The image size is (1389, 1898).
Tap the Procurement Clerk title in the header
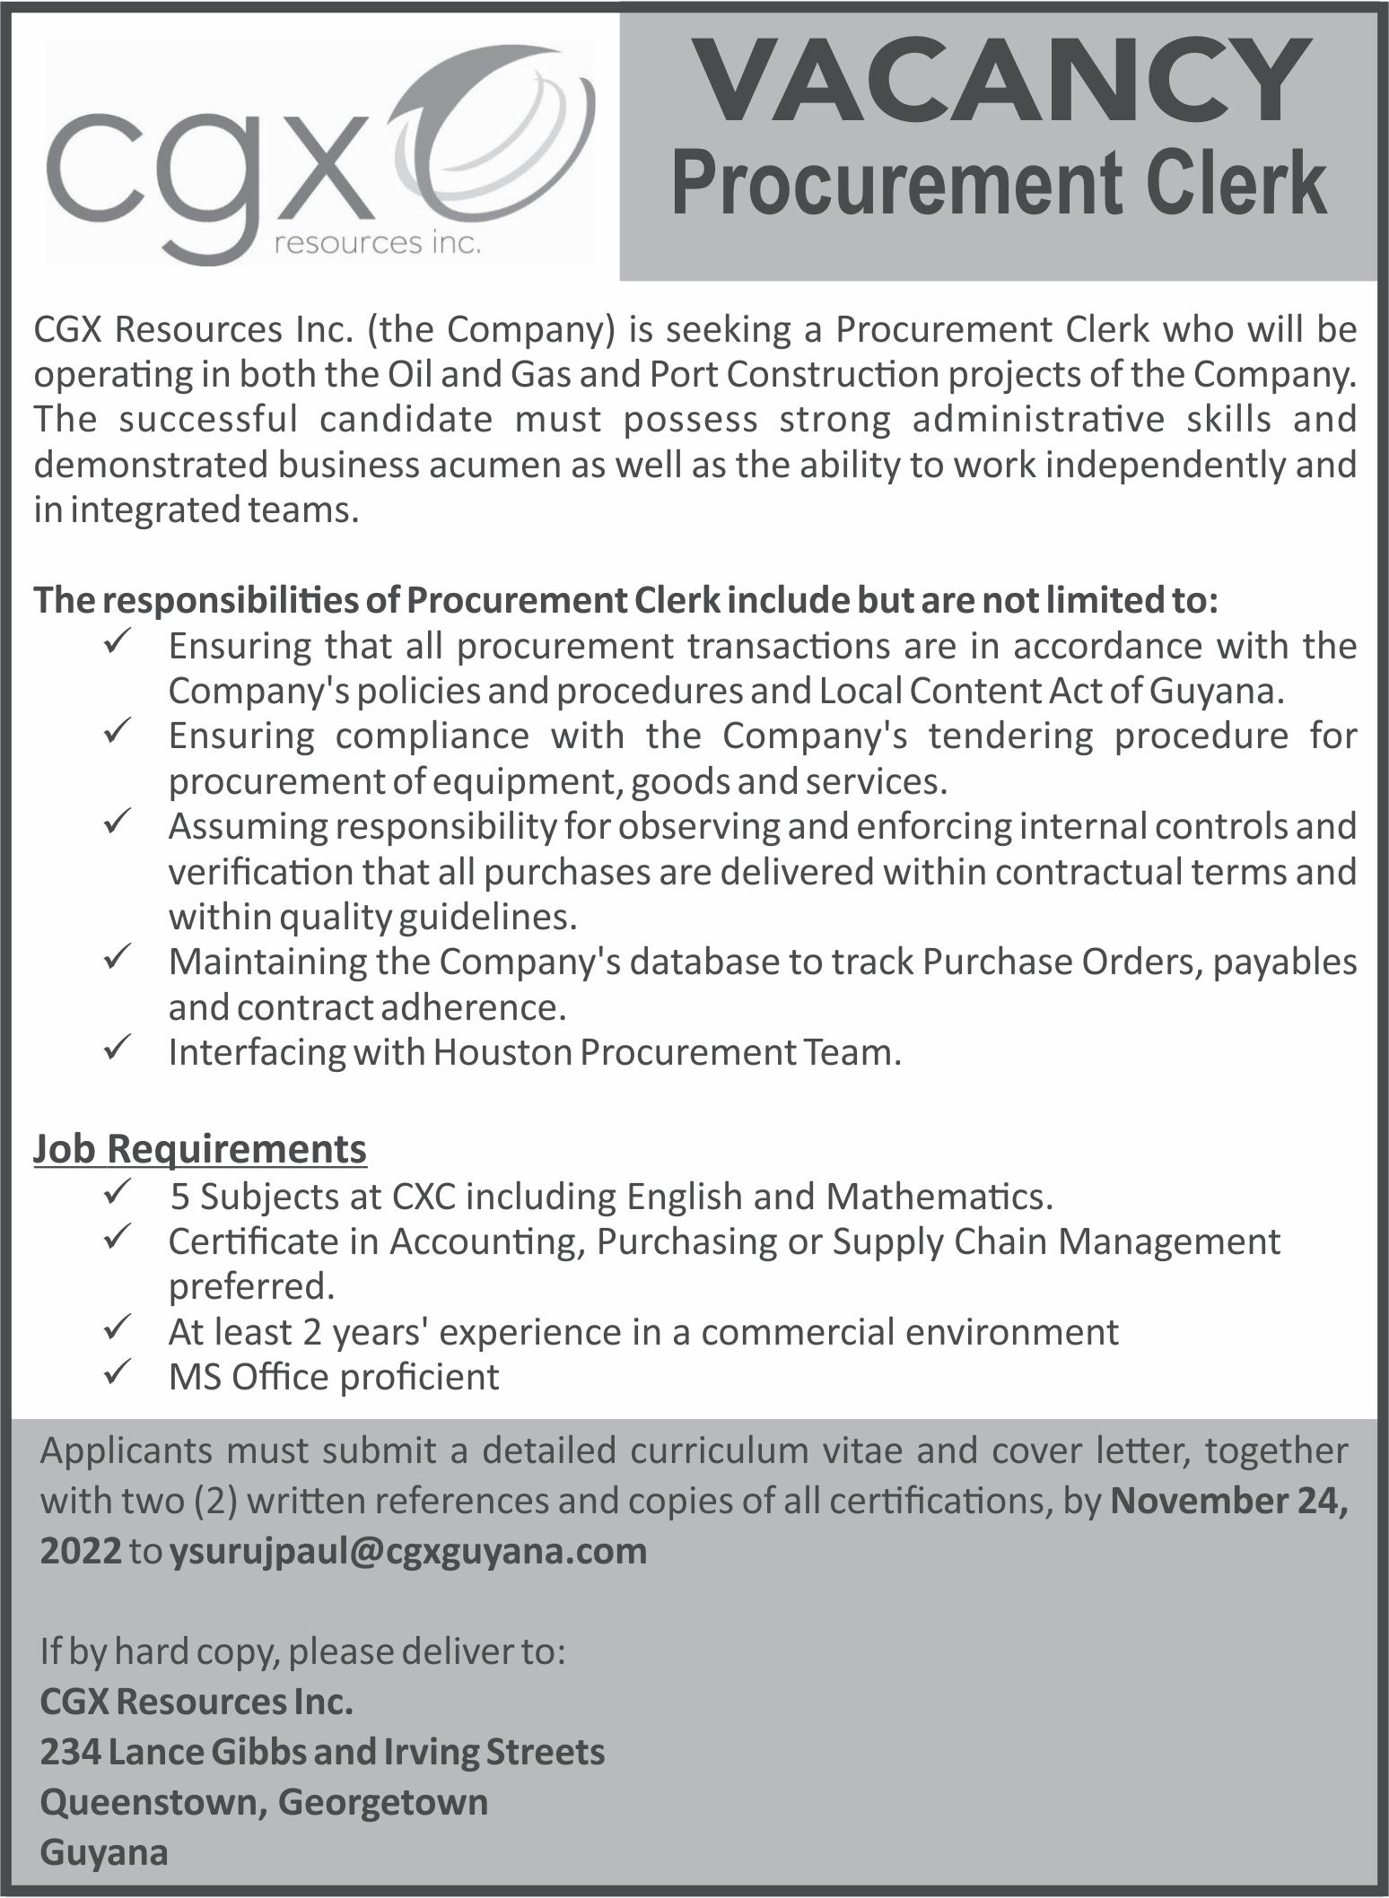tap(999, 183)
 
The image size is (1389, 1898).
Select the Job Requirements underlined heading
tap(200, 1149)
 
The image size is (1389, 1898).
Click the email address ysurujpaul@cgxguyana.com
tap(408, 1551)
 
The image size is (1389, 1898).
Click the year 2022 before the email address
tap(81, 1551)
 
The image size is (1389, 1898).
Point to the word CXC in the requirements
tap(422, 1197)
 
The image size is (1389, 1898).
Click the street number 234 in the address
tap(68, 1752)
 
